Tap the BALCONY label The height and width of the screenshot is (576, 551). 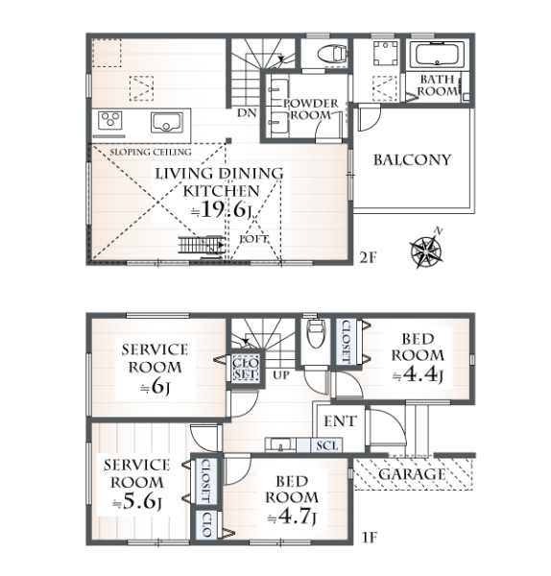tap(412, 160)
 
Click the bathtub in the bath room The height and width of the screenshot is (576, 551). tap(437, 55)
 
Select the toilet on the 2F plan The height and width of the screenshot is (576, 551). tap(331, 53)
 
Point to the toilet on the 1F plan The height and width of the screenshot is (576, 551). tap(316, 333)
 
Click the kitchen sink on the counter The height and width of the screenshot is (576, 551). tap(166, 123)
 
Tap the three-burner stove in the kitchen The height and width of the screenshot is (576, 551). tap(109, 120)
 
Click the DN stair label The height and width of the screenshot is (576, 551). tap(247, 113)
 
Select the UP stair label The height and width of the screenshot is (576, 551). tap(281, 375)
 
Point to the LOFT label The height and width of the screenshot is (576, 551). tap(253, 239)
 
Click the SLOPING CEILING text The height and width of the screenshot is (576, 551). tap(151, 152)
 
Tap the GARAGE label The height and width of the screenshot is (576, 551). tap(412, 474)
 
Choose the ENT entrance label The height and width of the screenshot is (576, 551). tap(340, 421)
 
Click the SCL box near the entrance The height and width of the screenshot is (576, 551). tap(327, 445)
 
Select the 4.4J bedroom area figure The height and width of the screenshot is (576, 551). tap(418, 374)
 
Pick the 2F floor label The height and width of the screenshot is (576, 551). tap(368, 258)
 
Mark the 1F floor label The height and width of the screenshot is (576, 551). tap(370, 538)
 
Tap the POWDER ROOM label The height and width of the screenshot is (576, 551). tap(311, 109)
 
